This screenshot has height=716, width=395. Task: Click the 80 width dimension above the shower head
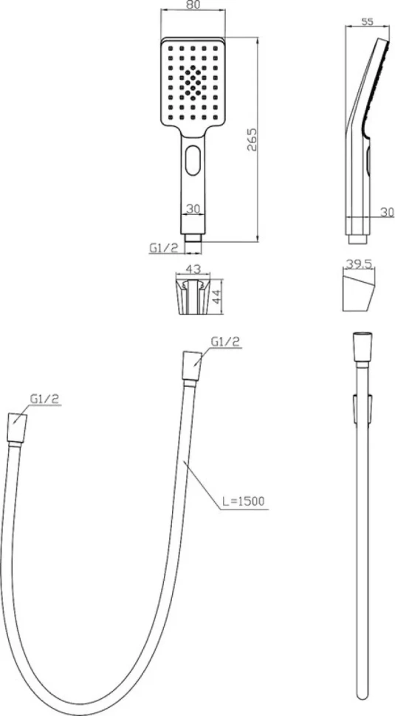(192, 6)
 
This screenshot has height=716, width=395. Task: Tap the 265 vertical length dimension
(253, 140)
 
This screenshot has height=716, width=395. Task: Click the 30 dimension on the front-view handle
(193, 209)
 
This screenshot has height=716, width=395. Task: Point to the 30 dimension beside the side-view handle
(388, 212)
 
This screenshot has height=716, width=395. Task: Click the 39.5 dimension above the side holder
(359, 264)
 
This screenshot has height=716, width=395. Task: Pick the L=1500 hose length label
(244, 501)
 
